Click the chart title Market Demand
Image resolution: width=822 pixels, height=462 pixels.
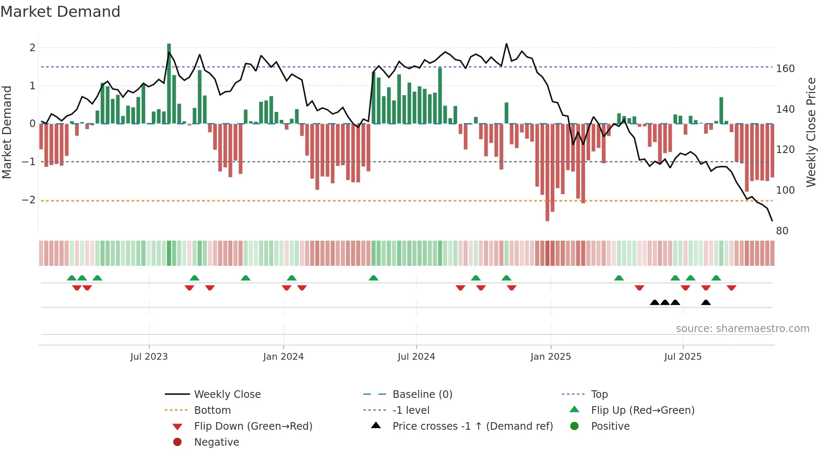[x=60, y=12]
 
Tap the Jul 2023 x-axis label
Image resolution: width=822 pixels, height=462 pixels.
[x=149, y=357]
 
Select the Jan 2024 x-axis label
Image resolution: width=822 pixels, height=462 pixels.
[x=284, y=357]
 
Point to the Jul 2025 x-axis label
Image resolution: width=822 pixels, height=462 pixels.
[x=683, y=357]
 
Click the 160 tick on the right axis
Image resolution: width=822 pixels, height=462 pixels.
[x=785, y=69]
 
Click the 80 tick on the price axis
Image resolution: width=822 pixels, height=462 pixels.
[x=782, y=231]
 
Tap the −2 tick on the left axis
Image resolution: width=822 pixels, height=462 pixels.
[x=29, y=200]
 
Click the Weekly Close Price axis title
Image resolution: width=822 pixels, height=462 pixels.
[x=811, y=132]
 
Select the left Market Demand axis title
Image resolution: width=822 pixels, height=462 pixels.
[x=7, y=132]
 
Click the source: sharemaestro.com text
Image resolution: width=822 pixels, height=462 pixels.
[x=742, y=329]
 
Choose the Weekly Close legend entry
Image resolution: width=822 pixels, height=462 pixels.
[x=227, y=395]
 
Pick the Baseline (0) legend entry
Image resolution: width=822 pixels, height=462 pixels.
[x=422, y=395]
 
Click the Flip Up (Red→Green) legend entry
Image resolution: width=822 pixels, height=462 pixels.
[x=643, y=410]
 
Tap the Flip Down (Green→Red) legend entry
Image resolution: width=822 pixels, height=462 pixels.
[x=253, y=426]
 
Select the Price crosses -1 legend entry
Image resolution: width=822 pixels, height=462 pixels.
[x=473, y=426]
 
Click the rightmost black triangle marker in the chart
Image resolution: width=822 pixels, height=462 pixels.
[x=706, y=303]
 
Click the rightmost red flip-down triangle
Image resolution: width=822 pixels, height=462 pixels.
[x=731, y=288]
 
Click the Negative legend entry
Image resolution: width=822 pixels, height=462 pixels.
[x=216, y=442]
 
